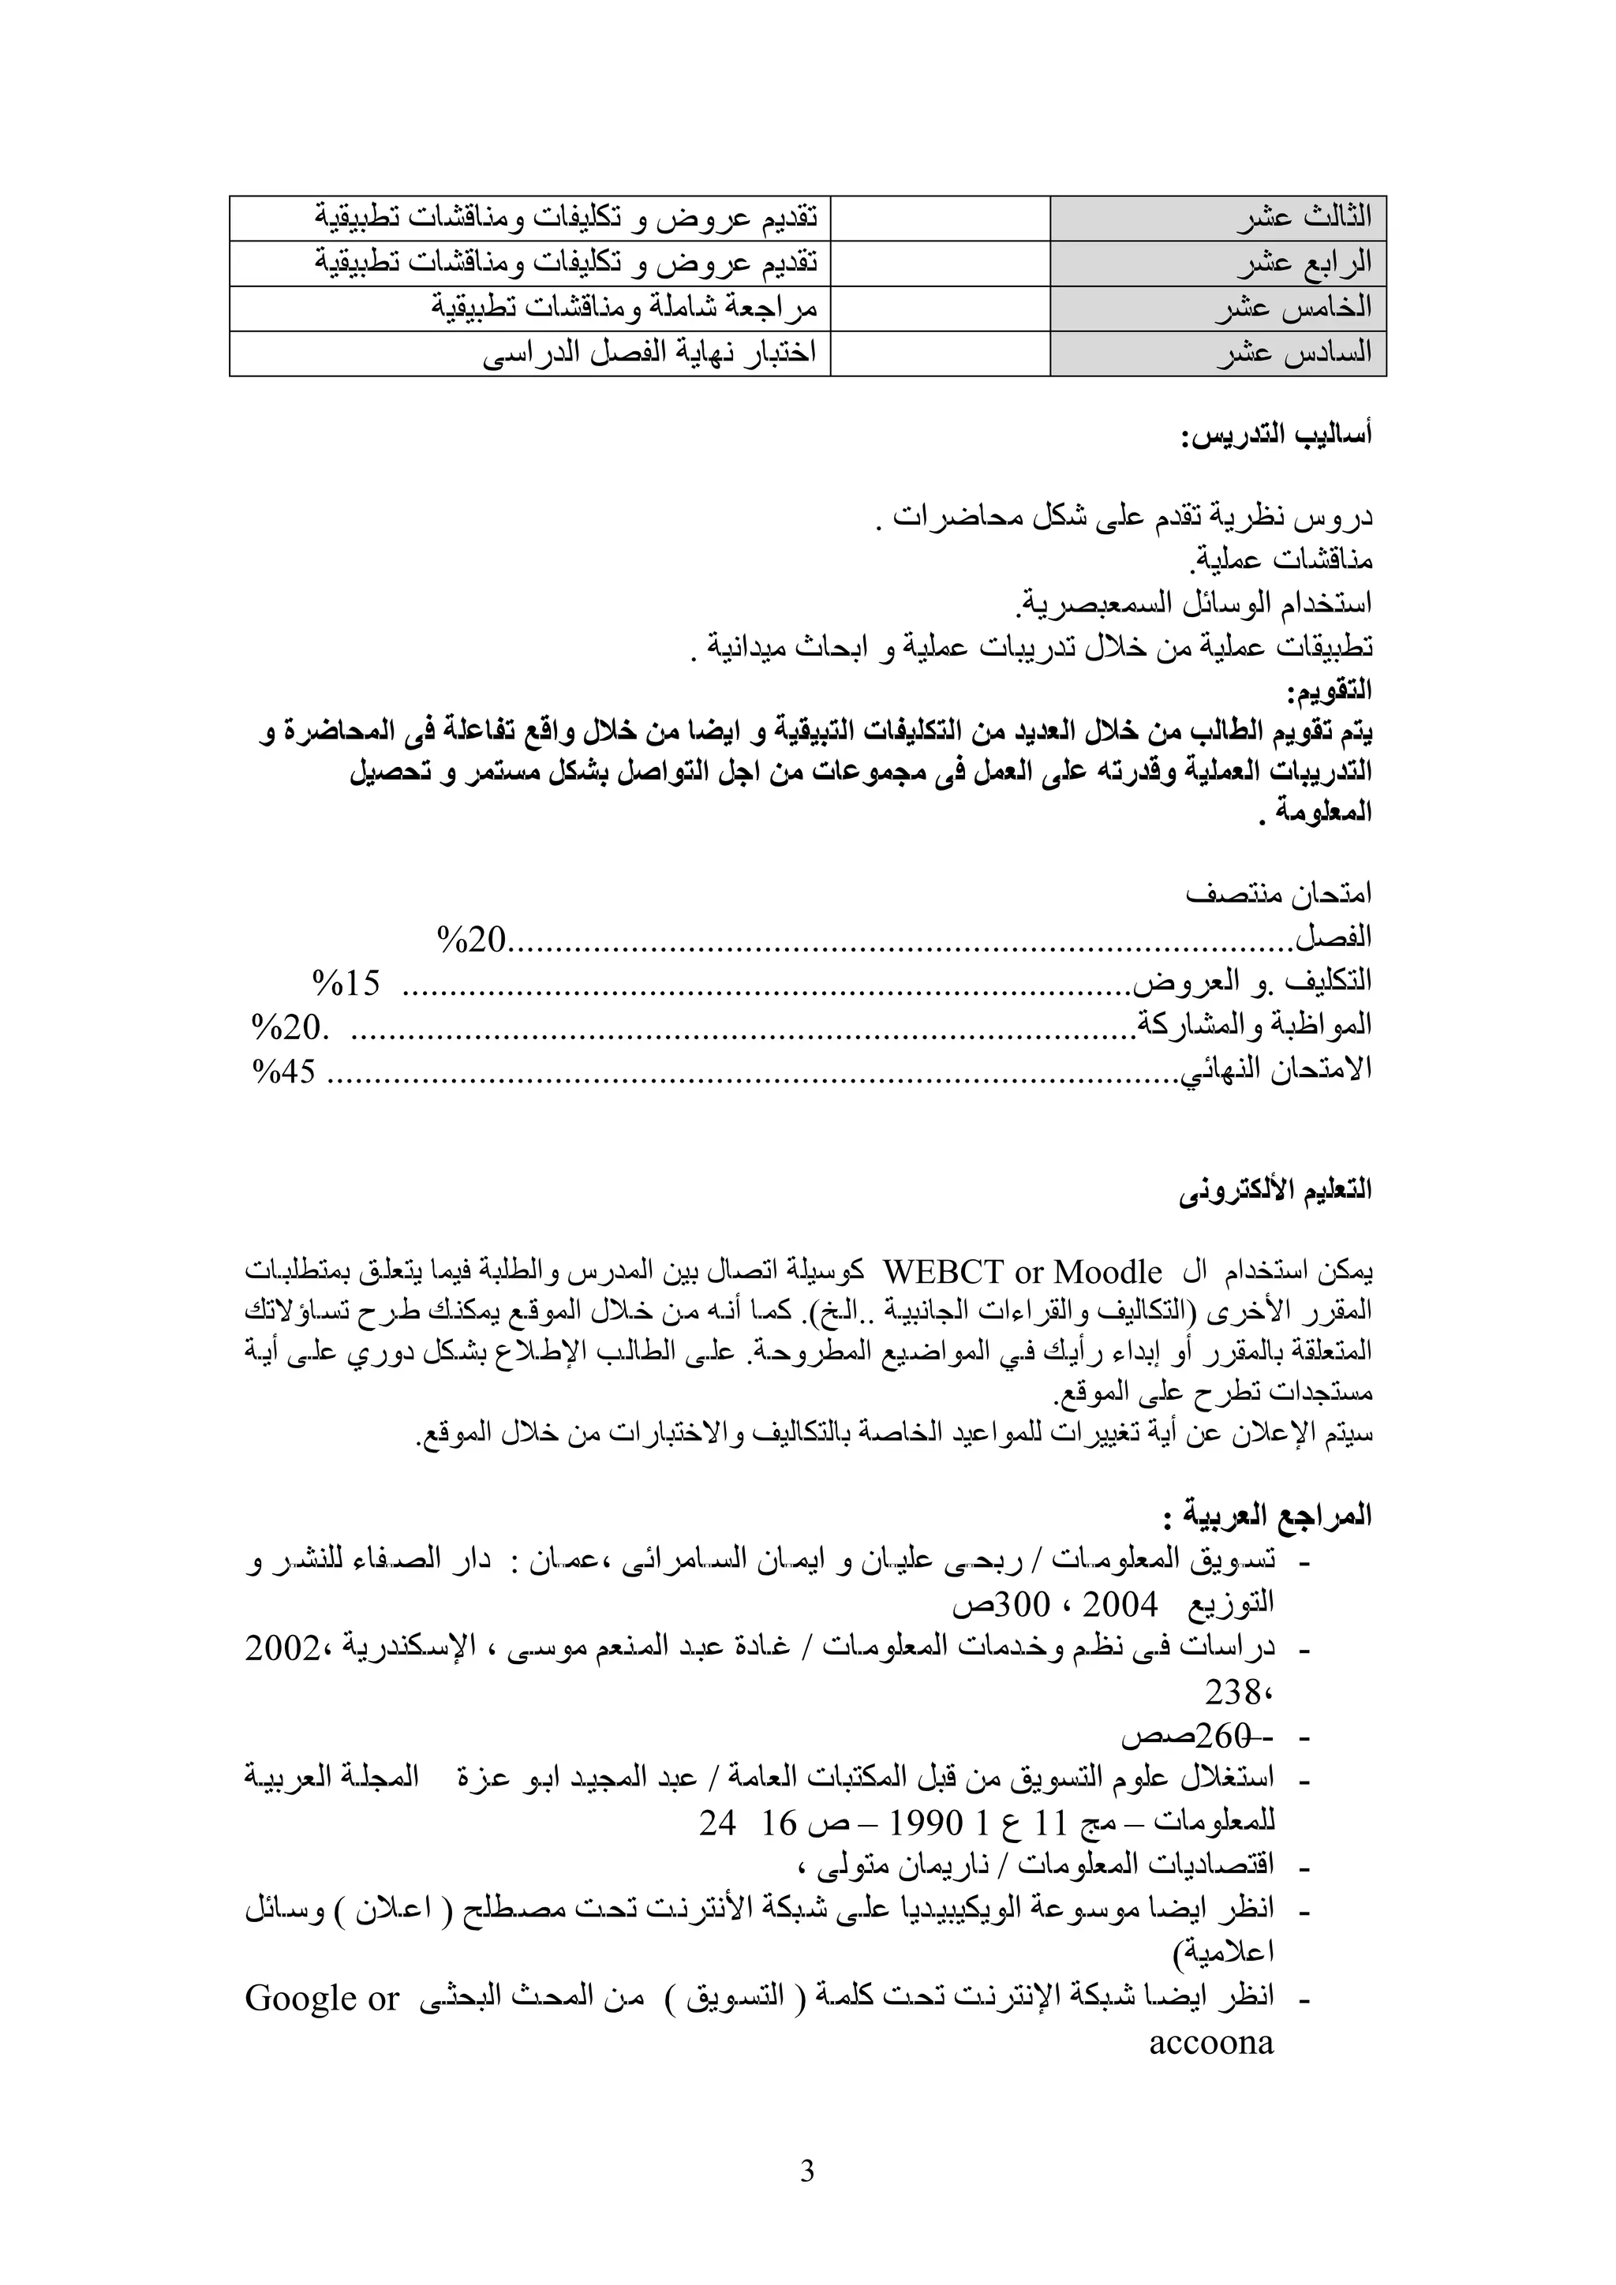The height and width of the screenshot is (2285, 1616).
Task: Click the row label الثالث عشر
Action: [x=1304, y=217]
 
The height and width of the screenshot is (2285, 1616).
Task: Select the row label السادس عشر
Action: [x=1293, y=354]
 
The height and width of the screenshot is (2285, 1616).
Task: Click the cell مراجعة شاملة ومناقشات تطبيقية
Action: [x=624, y=309]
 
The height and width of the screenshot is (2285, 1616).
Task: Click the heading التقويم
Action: [x=1329, y=690]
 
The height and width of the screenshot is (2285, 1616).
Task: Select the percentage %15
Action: [x=346, y=983]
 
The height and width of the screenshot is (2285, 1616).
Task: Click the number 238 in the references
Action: [x=1233, y=1692]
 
